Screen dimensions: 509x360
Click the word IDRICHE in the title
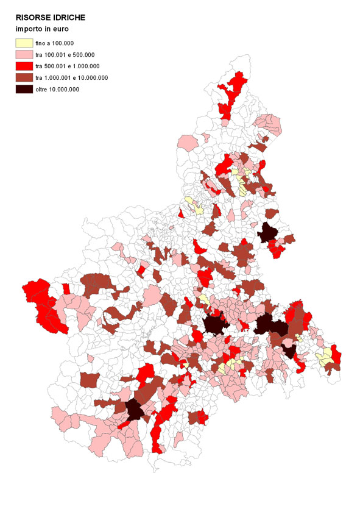click(69, 19)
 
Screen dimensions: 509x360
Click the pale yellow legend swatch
click(24, 43)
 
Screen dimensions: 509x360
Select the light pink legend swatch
click(24, 55)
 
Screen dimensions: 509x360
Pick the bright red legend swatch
click(24, 66)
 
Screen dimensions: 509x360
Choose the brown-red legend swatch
click(24, 77)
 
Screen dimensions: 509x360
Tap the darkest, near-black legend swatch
click(24, 89)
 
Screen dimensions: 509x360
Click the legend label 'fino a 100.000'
click(55, 43)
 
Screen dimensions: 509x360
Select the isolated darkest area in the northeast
click(267, 232)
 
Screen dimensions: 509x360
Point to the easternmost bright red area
click(336, 357)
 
